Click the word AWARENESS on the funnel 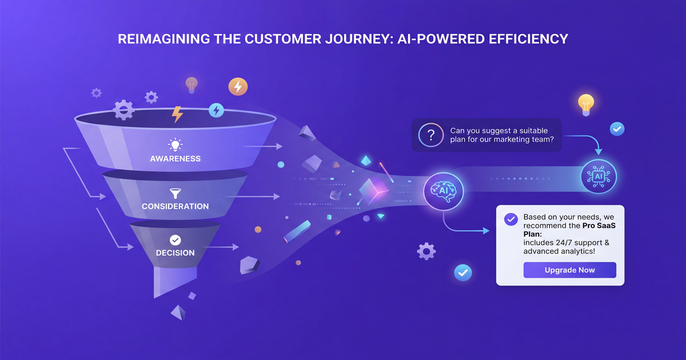pyautogui.click(x=176, y=158)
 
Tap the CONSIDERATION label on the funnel pyautogui.click(x=176, y=206)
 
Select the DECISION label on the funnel pyautogui.click(x=176, y=253)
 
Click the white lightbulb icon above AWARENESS pyautogui.click(x=175, y=144)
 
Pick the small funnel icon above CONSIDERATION pyautogui.click(x=175, y=193)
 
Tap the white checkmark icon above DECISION pyautogui.click(x=175, y=240)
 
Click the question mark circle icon pyautogui.click(x=430, y=135)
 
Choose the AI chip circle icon pyautogui.click(x=599, y=176)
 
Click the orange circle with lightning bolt pyautogui.click(x=238, y=86)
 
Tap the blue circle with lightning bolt pyautogui.click(x=216, y=110)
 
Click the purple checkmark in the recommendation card pyautogui.click(x=510, y=219)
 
